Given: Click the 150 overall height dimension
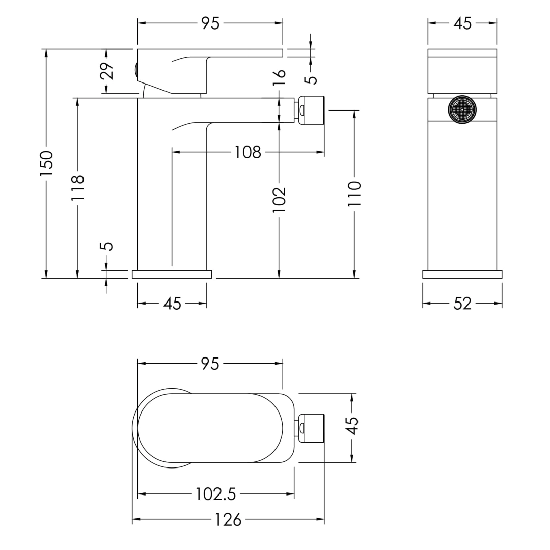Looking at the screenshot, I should point(46,163).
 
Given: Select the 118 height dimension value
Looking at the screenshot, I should point(77,187).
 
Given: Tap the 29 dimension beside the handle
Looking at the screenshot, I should point(106,71).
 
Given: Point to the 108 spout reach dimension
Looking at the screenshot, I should point(248,152).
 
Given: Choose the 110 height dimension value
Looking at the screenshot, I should point(354,194).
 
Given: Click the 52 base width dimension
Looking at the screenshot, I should point(462,304).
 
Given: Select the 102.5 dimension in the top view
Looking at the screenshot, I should point(216,494).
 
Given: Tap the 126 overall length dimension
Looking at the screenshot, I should point(228,520).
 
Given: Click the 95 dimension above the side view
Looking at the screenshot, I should point(210,23).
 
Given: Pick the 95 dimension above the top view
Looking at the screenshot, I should point(210,364).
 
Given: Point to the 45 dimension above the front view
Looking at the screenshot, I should point(462,23).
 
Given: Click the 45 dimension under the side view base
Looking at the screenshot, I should point(172,304).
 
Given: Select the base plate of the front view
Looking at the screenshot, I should point(462,274).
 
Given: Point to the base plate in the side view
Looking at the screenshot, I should point(172,274).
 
